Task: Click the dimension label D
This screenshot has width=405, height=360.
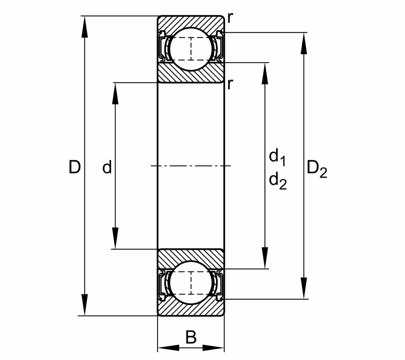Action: pyautogui.click(x=75, y=167)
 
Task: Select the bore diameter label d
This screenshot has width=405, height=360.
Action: pyautogui.click(x=107, y=168)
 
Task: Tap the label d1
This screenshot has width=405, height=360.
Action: pyautogui.click(x=277, y=158)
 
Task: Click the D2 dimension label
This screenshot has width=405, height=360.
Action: pyautogui.click(x=317, y=170)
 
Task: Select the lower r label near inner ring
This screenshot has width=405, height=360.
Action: pyautogui.click(x=230, y=84)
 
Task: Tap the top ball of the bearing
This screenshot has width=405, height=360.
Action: pyautogui.click(x=191, y=49)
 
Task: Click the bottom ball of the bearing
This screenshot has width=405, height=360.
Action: pyautogui.click(x=191, y=283)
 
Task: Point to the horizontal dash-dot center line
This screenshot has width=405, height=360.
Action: pyautogui.click(x=191, y=166)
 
